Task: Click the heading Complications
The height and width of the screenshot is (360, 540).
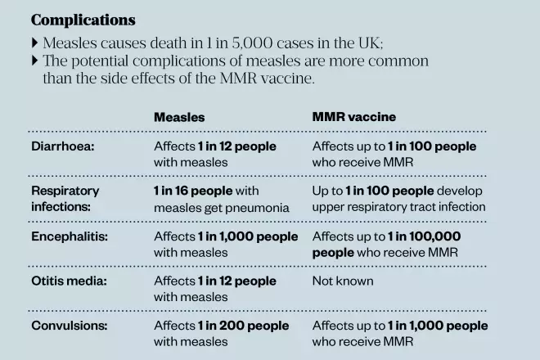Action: [83, 19]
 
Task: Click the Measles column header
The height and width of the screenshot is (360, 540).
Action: [179, 117]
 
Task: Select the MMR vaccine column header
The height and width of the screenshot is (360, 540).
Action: [354, 117]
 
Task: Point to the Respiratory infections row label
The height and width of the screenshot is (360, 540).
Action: [65, 199]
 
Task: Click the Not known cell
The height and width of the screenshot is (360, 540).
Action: [343, 281]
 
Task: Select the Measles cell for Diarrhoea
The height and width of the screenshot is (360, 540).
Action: [214, 154]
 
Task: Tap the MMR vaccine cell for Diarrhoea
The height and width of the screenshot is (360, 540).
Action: [394, 154]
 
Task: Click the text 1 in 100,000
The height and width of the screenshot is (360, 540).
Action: [425, 236]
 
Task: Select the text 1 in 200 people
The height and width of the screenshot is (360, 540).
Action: [243, 326]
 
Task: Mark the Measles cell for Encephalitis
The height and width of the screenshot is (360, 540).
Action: [225, 244]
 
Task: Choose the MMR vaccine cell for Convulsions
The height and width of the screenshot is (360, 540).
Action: [399, 333]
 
